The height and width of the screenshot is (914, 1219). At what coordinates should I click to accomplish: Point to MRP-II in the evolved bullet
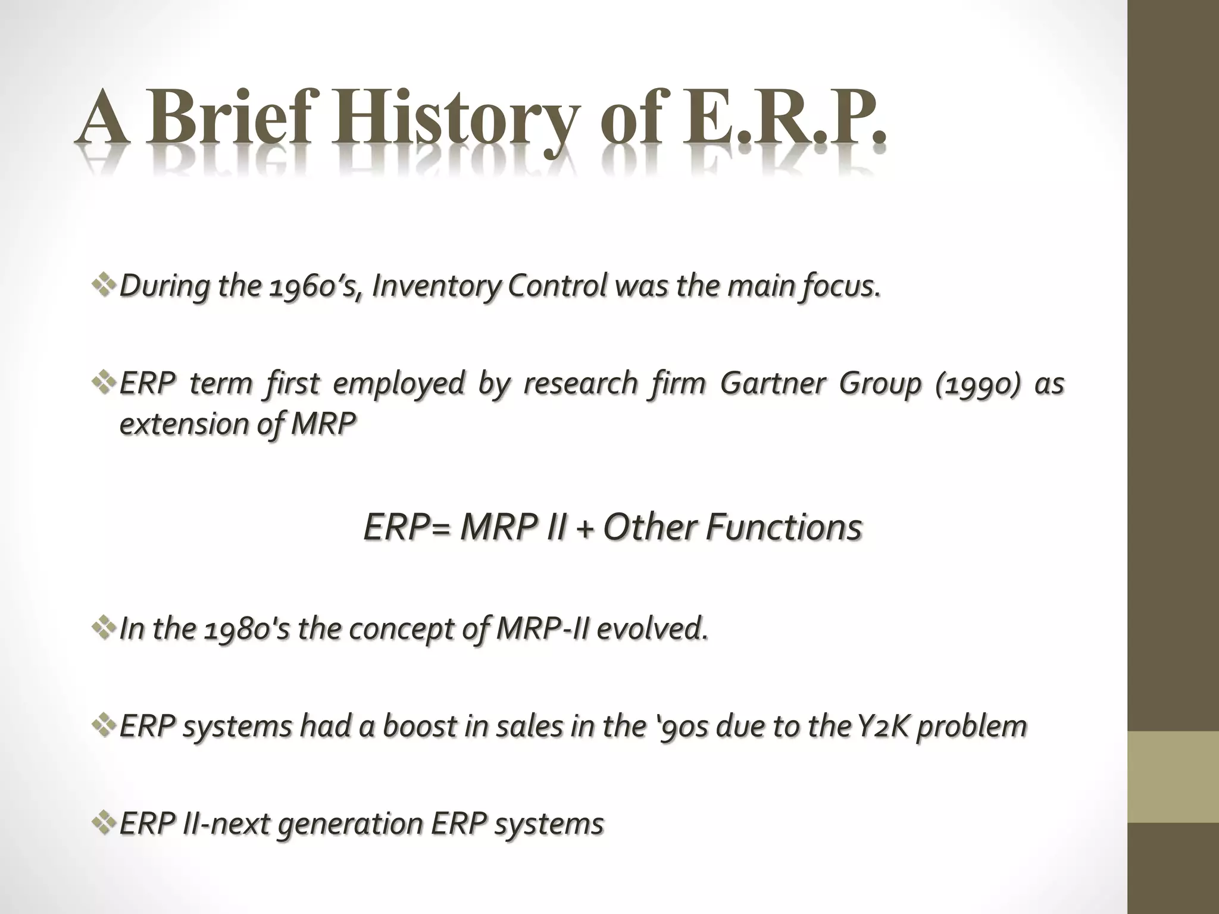[x=541, y=630]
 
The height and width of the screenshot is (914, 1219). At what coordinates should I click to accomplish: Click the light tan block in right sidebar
[x=1173, y=777]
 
